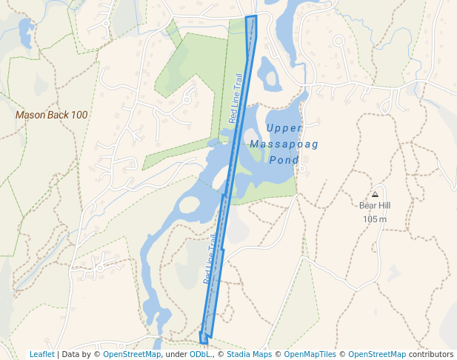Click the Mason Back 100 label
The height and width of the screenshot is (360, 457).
coord(52,115)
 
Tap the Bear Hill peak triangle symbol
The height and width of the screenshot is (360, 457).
coord(375,194)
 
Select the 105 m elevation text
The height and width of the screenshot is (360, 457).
coord(375,219)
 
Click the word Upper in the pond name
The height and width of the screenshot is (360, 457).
coord(284,128)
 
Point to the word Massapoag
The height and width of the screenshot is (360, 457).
coord(284,144)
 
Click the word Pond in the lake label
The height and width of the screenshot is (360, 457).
coord(284,160)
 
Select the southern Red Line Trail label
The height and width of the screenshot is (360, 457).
coord(211,260)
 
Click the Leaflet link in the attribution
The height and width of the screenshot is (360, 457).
coord(41,354)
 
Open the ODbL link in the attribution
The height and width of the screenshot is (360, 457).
coord(200,354)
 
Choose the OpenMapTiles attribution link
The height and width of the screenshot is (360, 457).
coord(310,354)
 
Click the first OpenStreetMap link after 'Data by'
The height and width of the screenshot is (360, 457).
coord(132,354)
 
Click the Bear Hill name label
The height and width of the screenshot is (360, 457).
coord(375,206)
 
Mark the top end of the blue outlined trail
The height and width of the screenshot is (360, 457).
coord(251,16)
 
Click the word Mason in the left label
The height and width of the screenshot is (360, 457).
coord(31,115)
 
